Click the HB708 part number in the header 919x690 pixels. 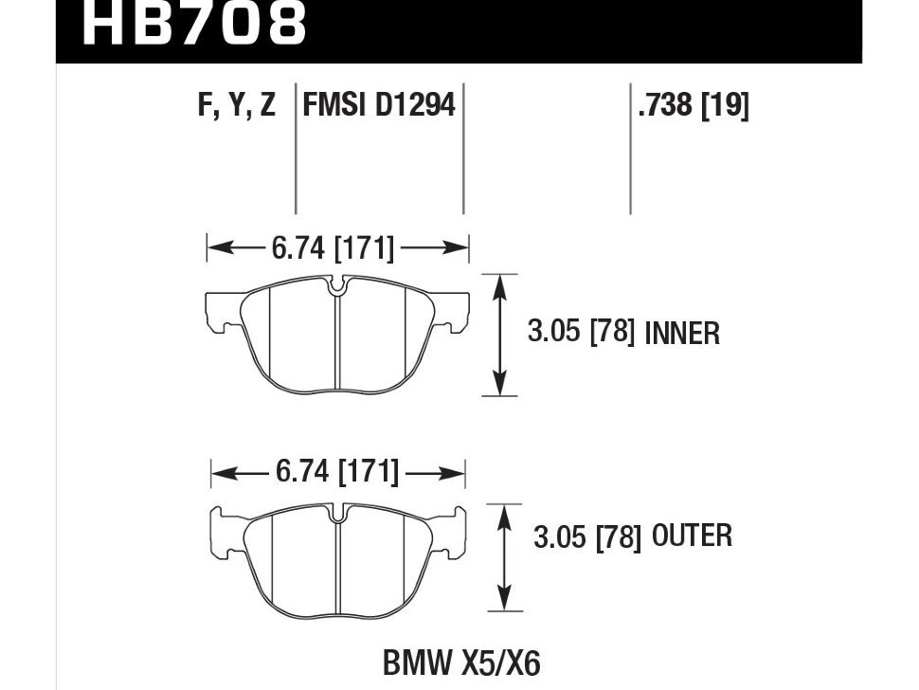tap(194, 25)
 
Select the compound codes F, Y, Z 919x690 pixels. tap(236, 105)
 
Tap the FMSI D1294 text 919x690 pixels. tap(379, 105)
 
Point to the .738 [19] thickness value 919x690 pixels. tap(694, 105)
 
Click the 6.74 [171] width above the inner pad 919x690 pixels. tap(333, 249)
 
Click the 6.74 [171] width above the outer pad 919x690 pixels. tap(336, 472)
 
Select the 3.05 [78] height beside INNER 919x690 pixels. tap(580, 332)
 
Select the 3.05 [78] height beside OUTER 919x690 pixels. tap(587, 537)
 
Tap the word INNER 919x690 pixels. tap(682, 334)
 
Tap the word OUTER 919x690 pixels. tap(691, 536)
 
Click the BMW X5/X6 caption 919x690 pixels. tap(461, 662)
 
